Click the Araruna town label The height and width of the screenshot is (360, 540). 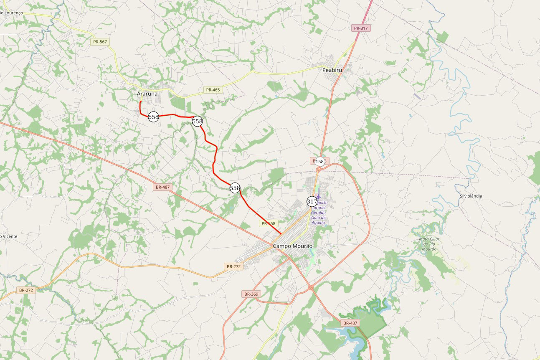coord(147,94)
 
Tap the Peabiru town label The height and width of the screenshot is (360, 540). coord(332,70)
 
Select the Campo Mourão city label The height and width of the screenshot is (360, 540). coord(292,246)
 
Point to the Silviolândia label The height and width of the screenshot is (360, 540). coord(471,196)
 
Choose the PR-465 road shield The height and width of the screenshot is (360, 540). coord(213,90)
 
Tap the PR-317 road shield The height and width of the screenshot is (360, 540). coord(361,28)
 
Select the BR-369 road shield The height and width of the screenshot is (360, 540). coord(251,294)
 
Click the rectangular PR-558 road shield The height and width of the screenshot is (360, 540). coord(269,223)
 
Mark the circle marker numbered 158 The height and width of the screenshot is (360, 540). coord(319,161)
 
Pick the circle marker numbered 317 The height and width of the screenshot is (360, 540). coord(312,201)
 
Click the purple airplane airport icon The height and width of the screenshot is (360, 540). coord(319,196)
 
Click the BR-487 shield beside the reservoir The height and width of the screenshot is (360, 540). coord(350,323)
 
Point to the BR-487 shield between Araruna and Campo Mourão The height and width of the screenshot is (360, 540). coord(163,187)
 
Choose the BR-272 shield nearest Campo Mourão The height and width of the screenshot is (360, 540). coord(233,266)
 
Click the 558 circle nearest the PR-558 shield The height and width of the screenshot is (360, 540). coord(235,188)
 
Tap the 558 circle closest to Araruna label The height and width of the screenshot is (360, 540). coord(153,117)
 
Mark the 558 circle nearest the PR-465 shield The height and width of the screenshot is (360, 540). coord(197,121)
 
